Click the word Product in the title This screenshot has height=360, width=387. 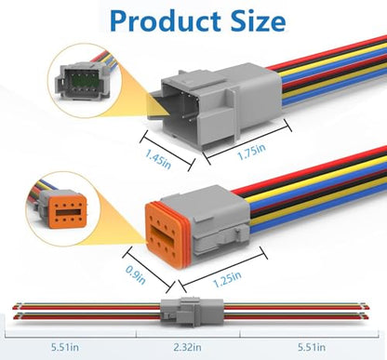[165, 20]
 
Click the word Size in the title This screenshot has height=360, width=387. [258, 20]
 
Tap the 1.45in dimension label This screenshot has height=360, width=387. [158, 159]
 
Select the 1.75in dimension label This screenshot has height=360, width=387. [251, 152]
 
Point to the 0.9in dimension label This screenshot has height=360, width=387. [136, 274]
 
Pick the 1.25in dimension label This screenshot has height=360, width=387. [227, 279]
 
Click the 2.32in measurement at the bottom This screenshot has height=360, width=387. [187, 347]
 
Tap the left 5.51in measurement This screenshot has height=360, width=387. [65, 347]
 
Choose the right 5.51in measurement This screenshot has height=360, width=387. [312, 347]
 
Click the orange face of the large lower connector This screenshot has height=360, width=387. [165, 236]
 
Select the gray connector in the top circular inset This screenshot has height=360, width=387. [81, 80]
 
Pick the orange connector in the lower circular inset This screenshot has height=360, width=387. [63, 208]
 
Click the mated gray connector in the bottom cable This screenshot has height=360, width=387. [192, 312]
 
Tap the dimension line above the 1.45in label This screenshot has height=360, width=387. [167, 150]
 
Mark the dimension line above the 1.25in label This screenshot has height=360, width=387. [221, 268]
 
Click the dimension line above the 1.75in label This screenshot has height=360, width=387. [247, 141]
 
